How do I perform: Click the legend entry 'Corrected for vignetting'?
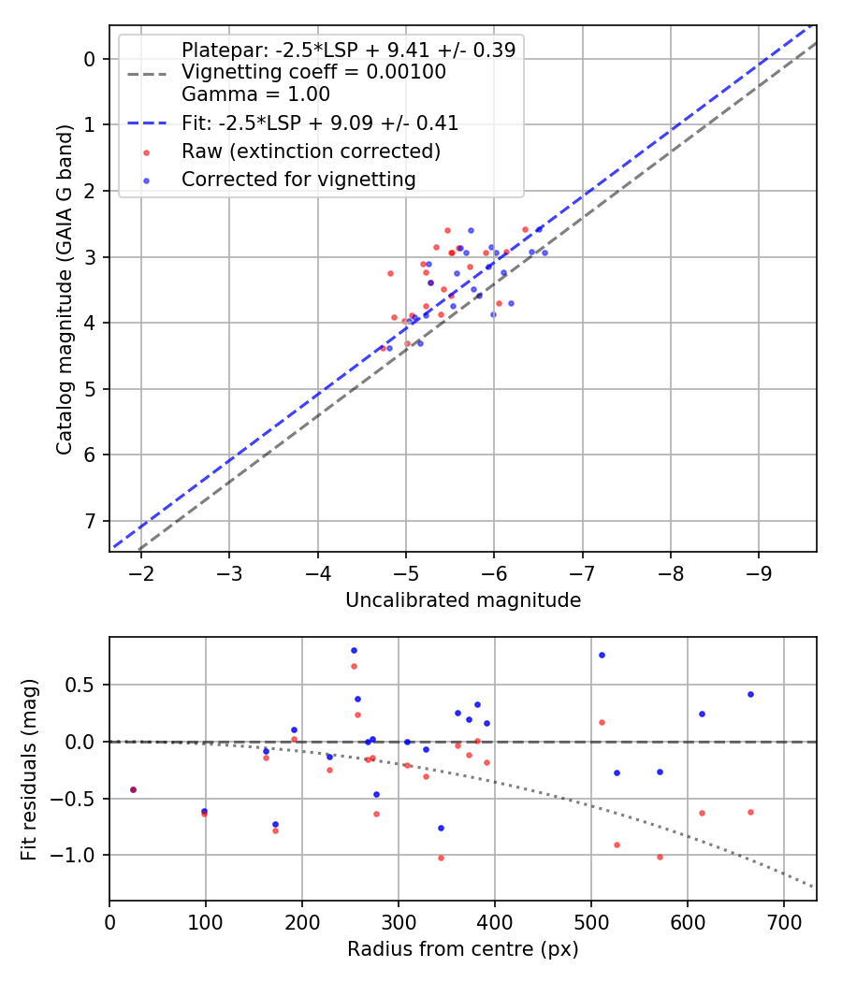[298, 180]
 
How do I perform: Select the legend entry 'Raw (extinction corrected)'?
[311, 151]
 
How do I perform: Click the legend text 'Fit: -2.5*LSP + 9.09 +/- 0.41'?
[319, 123]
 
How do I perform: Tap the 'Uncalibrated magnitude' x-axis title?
[463, 600]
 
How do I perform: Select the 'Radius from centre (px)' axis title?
[463, 950]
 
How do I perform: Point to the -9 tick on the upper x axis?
[758, 570]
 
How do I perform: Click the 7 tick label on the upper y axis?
[91, 521]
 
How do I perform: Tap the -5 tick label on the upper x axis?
[405, 570]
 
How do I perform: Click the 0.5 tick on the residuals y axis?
[85, 685]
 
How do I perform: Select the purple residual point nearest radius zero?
[133, 789]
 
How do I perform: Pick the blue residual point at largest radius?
[750, 694]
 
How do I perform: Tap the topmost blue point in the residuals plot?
[354, 650]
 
